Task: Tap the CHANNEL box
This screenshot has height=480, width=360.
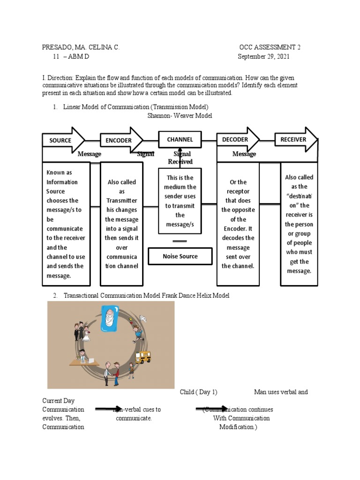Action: coord(180,139)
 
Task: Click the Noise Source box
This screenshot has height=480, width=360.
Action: coord(180,256)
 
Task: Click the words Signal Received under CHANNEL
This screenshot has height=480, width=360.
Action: coord(181,158)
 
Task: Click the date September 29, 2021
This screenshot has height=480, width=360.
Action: coord(263,57)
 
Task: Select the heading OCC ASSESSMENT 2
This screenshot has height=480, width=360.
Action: coord(270,47)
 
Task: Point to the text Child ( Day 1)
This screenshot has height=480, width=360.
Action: coord(199,392)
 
